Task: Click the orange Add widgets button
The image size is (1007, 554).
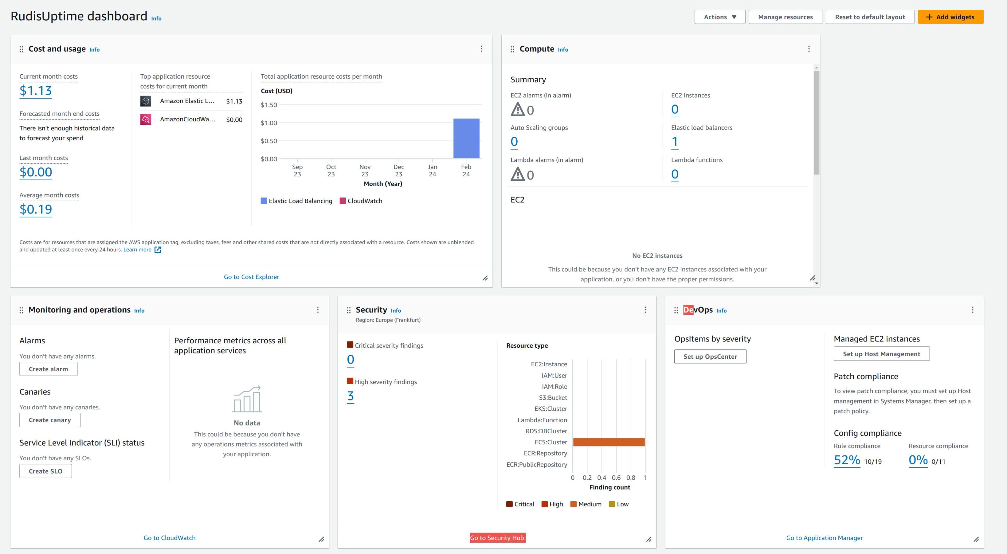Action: point(950,17)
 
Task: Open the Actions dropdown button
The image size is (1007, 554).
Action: point(720,17)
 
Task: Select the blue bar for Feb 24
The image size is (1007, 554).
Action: point(466,138)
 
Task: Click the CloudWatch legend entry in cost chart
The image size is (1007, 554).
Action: point(361,201)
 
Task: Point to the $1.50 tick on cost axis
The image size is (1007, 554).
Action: point(269,105)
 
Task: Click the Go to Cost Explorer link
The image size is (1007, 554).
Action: point(251,277)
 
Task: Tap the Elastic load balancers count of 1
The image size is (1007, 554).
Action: point(674,141)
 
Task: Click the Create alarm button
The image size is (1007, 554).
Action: point(48,369)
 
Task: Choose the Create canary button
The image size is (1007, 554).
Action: point(50,420)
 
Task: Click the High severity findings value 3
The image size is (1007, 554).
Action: point(350,396)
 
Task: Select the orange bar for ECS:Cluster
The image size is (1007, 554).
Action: point(609,442)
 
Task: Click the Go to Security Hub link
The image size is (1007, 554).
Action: point(497,538)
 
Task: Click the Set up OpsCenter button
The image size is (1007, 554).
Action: point(710,356)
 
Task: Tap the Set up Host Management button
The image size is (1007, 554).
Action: point(881,354)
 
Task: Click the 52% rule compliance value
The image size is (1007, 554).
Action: point(847,460)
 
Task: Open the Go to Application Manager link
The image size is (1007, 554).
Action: point(824,538)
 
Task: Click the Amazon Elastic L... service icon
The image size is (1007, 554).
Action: point(146,101)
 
